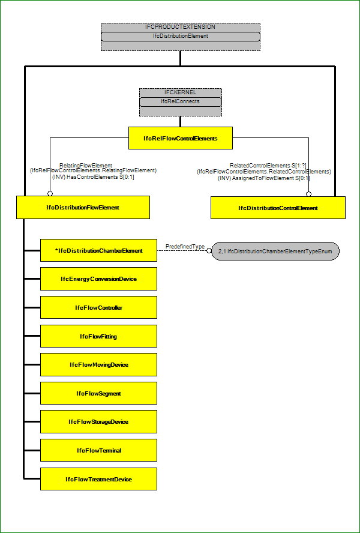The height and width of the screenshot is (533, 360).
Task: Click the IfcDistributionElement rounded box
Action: click(x=181, y=37)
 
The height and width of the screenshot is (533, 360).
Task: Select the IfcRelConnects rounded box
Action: click(x=181, y=101)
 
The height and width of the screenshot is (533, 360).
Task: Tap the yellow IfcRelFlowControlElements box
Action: click(x=181, y=138)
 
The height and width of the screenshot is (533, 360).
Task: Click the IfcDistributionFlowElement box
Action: click(x=83, y=207)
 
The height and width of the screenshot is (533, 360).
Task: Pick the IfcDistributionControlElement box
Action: click(x=278, y=208)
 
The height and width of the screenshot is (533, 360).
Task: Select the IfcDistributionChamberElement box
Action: click(x=98, y=250)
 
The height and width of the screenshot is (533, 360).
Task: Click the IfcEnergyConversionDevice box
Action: click(x=98, y=279)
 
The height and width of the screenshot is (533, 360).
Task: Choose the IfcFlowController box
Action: click(x=98, y=307)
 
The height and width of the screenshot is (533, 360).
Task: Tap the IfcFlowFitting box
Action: click(x=98, y=336)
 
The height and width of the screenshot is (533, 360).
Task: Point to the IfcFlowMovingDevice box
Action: click(x=98, y=364)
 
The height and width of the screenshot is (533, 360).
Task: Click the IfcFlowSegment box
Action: click(x=98, y=393)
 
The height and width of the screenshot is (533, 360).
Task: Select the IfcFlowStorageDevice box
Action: click(x=98, y=421)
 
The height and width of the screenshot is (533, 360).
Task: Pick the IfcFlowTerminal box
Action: click(x=98, y=450)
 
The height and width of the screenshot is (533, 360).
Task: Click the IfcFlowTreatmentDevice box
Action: click(x=98, y=479)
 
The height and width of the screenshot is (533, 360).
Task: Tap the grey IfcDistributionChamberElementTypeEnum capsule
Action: click(x=275, y=251)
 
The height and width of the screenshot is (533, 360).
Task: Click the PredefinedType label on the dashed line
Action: click(x=185, y=246)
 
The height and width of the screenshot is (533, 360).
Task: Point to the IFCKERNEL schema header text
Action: click(x=181, y=92)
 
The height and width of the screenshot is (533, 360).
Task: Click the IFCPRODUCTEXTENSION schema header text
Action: click(x=181, y=26)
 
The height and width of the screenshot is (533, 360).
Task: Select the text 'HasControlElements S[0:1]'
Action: click(x=93, y=177)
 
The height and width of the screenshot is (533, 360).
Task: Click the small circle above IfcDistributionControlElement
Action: click(x=308, y=194)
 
